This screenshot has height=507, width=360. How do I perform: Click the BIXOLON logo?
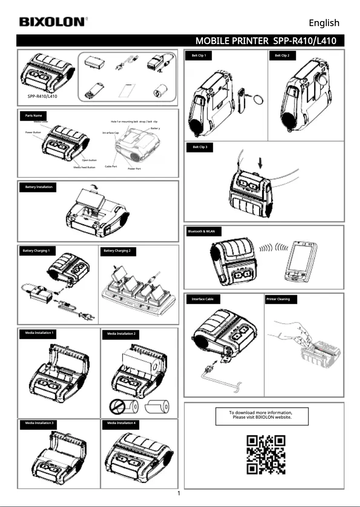point(52,22)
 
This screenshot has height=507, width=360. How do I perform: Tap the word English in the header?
point(324,23)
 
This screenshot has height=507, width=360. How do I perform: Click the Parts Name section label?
point(34,116)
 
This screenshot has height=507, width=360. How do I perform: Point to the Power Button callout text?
point(34,133)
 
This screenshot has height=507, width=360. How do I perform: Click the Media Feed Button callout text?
point(84,167)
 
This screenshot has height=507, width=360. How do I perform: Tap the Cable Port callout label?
point(111,166)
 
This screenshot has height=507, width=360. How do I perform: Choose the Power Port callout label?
point(134,169)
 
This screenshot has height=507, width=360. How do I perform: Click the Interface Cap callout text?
point(110,133)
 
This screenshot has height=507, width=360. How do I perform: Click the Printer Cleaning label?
point(278,299)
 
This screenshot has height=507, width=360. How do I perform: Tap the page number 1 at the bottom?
point(179,494)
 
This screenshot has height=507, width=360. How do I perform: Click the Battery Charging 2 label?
point(117,250)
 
